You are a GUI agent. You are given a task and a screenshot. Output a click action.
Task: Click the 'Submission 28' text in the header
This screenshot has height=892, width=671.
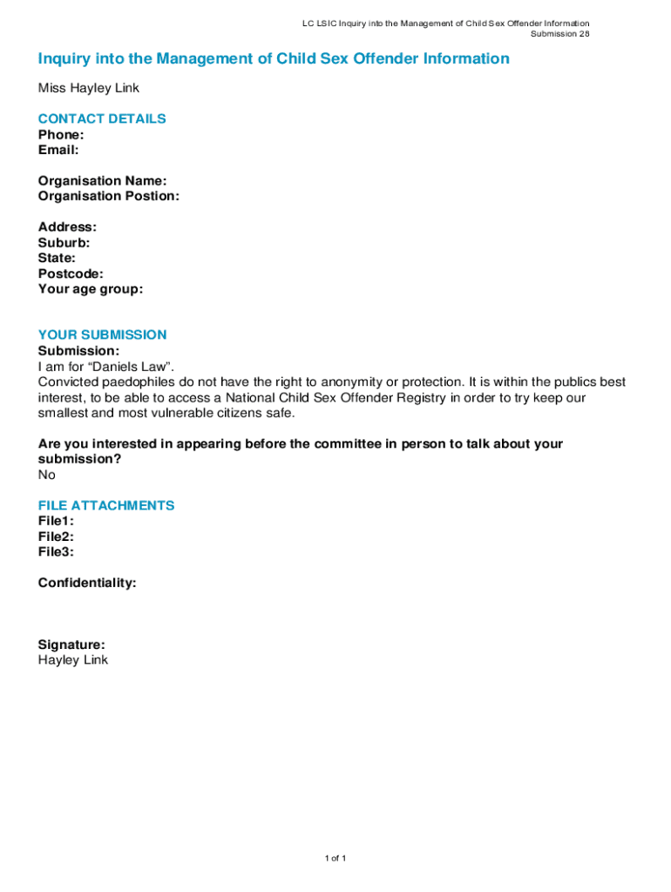point(560,34)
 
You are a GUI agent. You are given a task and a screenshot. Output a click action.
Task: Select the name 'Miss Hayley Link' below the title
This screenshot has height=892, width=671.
point(88,88)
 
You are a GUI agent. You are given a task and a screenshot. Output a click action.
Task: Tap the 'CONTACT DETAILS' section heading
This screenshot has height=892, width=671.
point(102,118)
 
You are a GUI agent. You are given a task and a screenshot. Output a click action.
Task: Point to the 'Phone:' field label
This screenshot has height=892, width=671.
point(61,134)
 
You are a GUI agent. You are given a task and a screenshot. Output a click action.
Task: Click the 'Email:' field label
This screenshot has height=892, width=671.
point(58,150)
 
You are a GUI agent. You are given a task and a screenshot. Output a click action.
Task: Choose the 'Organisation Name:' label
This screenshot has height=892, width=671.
point(102,181)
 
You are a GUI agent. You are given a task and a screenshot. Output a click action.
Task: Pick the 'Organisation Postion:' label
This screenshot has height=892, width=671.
point(109,196)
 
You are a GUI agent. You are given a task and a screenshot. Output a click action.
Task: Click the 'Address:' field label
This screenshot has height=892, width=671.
point(67,227)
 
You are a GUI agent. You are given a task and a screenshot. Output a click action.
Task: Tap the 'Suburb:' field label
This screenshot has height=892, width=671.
point(64,243)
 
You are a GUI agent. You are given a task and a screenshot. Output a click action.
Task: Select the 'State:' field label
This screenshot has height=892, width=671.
point(57,258)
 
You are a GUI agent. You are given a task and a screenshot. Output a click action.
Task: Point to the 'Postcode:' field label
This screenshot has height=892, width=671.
point(71,274)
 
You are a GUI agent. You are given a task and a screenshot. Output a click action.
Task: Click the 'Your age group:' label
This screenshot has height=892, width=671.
point(91,289)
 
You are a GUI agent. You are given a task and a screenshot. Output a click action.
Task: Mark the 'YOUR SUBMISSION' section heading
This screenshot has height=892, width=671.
point(102,334)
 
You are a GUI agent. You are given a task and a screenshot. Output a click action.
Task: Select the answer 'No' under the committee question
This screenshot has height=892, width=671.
point(46,475)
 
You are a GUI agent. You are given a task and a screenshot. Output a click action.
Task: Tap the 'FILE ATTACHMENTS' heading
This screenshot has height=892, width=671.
point(106,505)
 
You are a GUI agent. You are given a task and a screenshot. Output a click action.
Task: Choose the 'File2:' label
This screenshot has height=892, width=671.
point(56,537)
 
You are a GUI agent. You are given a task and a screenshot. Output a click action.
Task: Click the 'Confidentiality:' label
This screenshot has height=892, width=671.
point(87,583)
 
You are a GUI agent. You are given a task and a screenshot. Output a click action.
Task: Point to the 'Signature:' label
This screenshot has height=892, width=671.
point(71,645)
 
